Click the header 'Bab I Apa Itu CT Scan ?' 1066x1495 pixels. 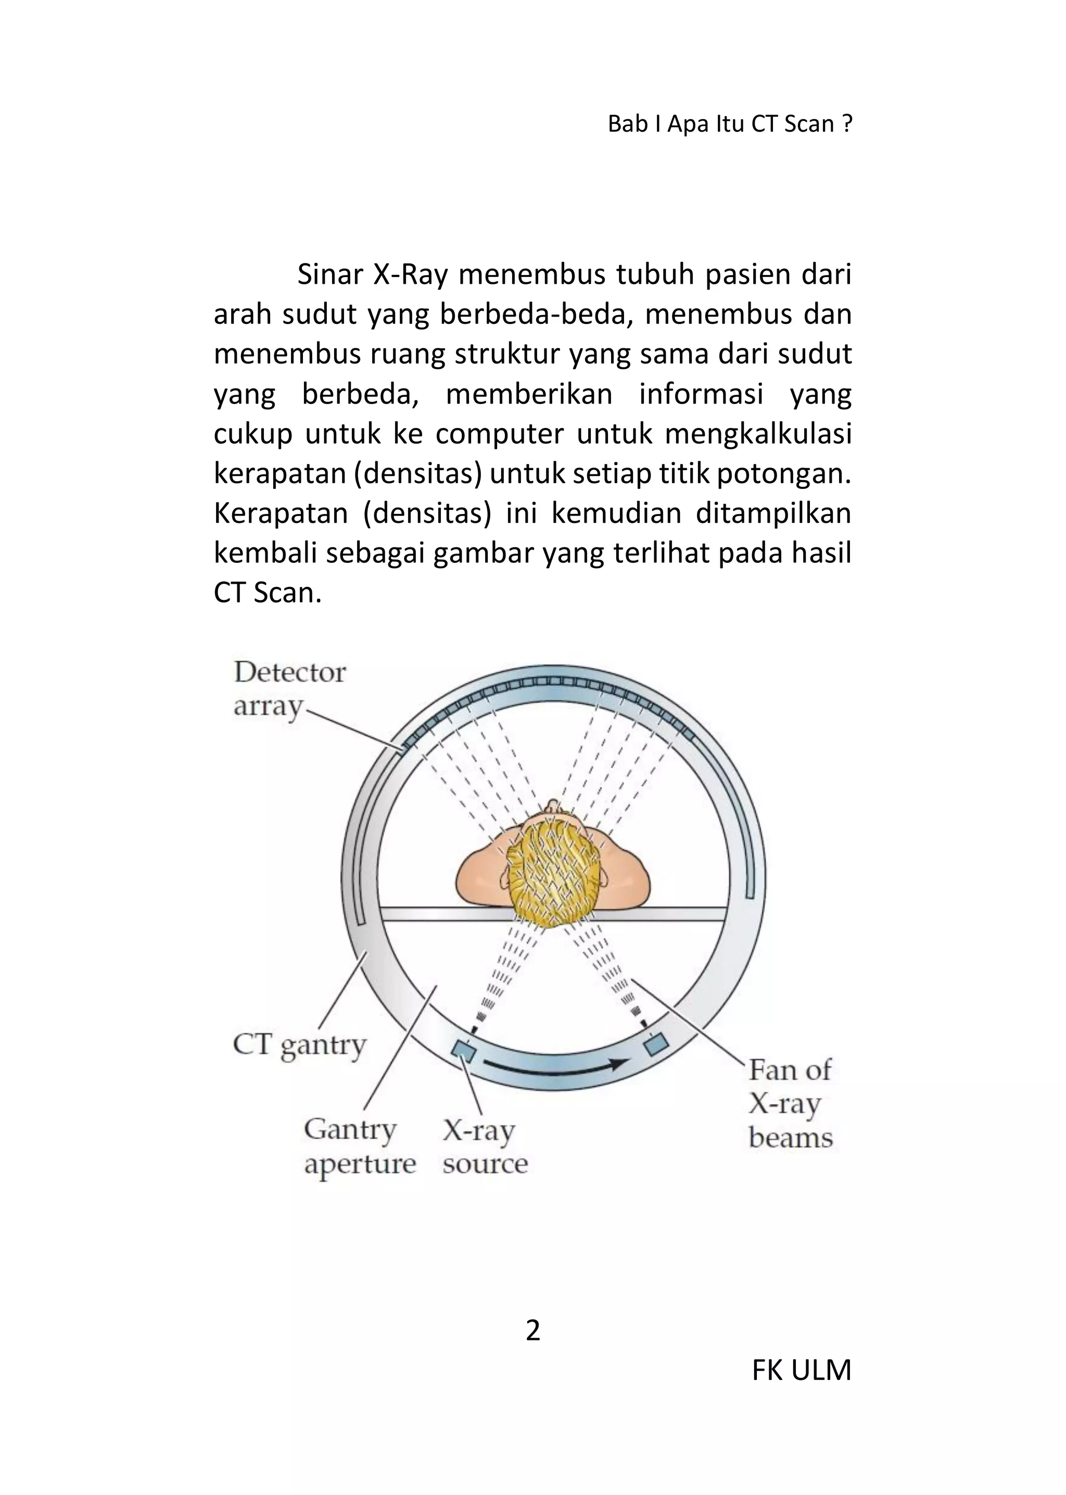pyautogui.click(x=730, y=123)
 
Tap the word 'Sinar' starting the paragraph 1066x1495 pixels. pyautogui.click(x=329, y=274)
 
